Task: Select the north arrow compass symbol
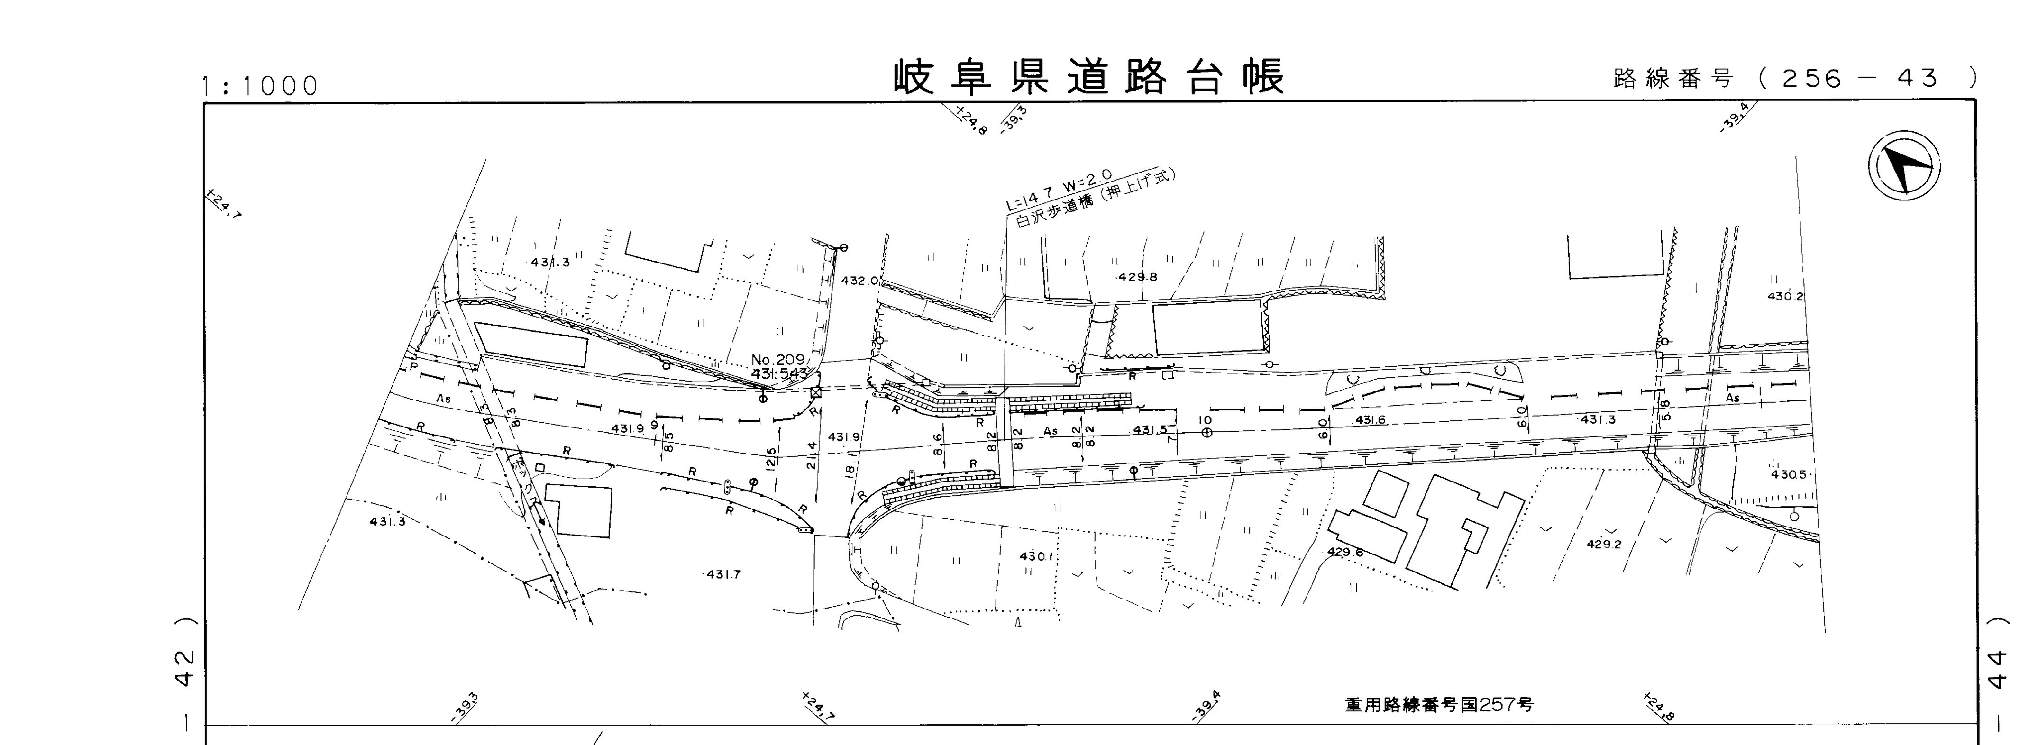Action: (x=1904, y=168)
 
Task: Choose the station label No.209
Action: (x=777, y=360)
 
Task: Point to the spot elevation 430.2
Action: (x=1786, y=297)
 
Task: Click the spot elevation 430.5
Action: (x=1788, y=474)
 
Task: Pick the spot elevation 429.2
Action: (x=1604, y=544)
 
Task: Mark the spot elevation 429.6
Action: (x=1345, y=552)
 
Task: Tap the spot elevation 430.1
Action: (x=1036, y=556)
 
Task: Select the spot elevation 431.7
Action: (x=723, y=574)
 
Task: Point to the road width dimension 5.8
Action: (x=1665, y=409)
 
